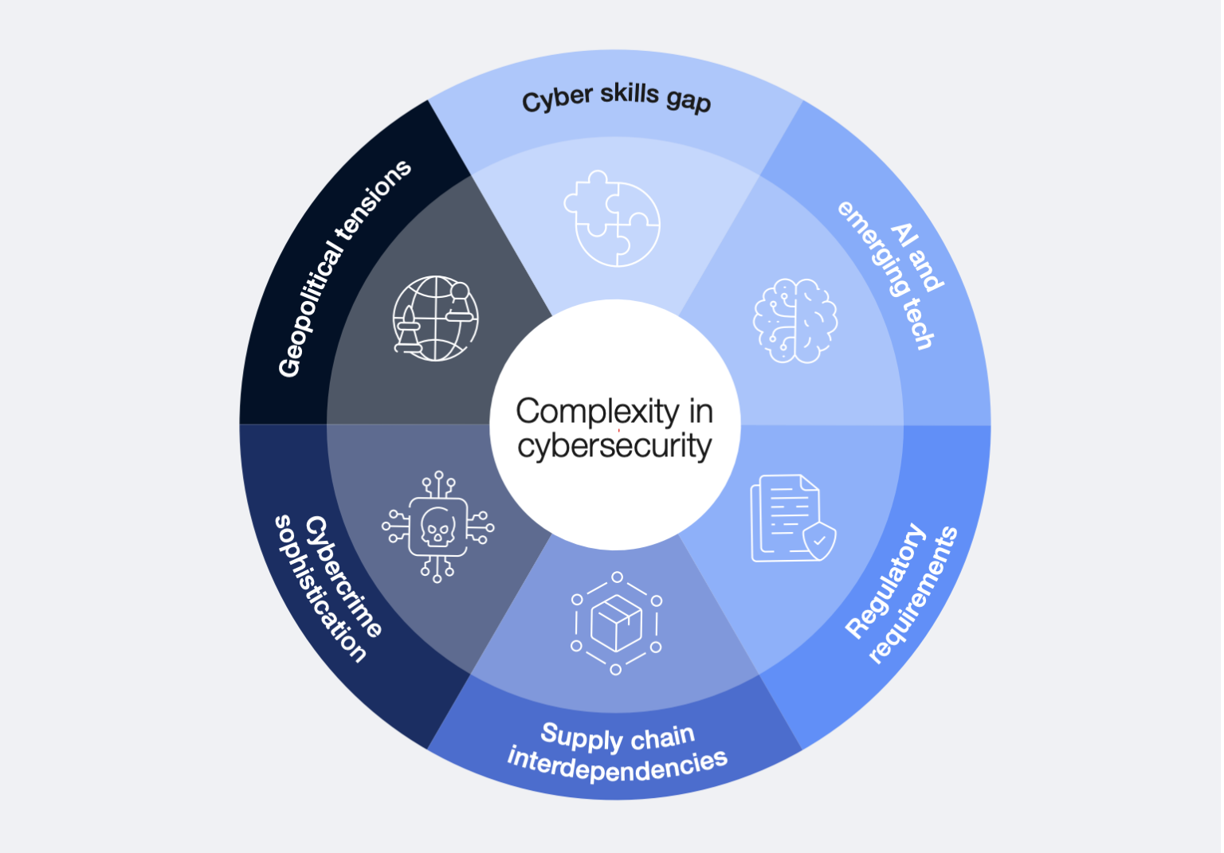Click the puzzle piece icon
pyautogui.click(x=612, y=218)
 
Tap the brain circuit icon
pyautogui.click(x=794, y=320)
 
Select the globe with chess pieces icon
pyautogui.click(x=435, y=318)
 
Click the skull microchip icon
pyautogui.click(x=437, y=526)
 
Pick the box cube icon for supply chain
pyautogui.click(x=616, y=623)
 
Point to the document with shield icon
pyautogui.click(x=792, y=518)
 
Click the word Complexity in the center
pyautogui.click(x=597, y=412)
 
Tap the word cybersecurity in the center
pyautogui.click(x=614, y=446)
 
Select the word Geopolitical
pyautogui.click(x=310, y=311)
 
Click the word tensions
pyautogui.click(x=374, y=199)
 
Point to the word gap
pyautogui.click(x=688, y=100)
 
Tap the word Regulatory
pyautogui.click(x=885, y=581)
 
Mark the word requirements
pyautogui.click(x=913, y=596)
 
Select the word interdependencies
pyautogui.click(x=618, y=765)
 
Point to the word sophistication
pyautogui.click(x=320, y=589)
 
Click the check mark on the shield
pyautogui.click(x=819, y=540)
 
